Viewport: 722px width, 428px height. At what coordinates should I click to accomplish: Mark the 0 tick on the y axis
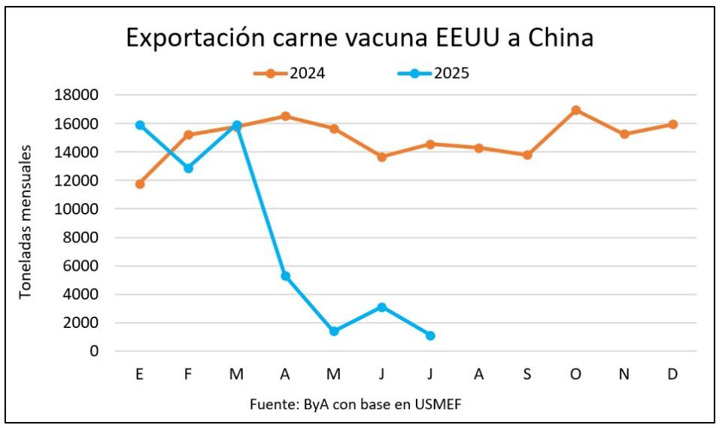[95, 351]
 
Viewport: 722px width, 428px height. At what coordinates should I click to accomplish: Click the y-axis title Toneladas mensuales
[26, 223]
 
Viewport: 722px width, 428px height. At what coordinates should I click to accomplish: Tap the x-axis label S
[527, 375]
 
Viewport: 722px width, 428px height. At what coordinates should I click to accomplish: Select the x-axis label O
[575, 375]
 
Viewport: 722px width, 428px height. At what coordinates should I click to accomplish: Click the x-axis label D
[672, 375]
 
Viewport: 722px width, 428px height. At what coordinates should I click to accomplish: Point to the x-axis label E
[140, 375]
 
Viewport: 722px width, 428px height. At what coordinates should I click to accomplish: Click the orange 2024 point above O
[575, 111]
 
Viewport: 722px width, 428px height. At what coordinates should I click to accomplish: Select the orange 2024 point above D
[672, 124]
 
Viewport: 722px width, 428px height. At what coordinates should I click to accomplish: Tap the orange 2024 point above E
[140, 184]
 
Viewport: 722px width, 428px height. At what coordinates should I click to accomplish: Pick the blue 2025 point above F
[188, 168]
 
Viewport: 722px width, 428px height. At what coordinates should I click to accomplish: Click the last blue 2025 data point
[430, 335]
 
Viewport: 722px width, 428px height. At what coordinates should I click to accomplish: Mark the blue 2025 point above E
[140, 125]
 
